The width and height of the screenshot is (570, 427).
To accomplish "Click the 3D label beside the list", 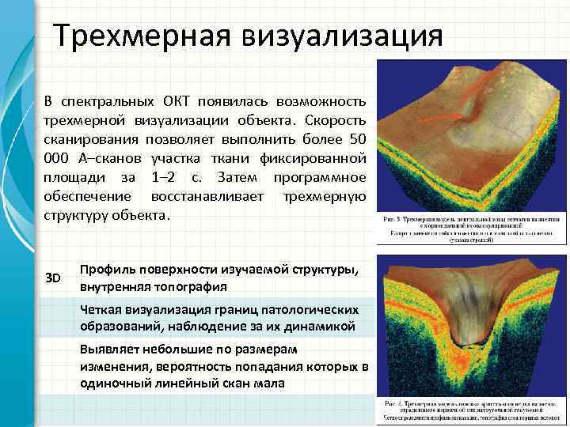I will tap(54, 278).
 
